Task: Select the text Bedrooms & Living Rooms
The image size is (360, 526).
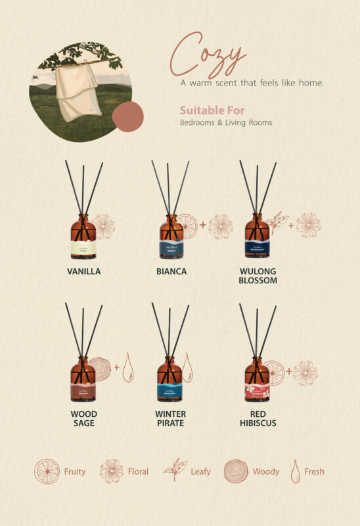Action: [226, 122]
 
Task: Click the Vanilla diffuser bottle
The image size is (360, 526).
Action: [83, 237]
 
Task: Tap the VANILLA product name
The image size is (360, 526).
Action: [83, 271]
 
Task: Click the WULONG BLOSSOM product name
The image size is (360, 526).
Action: [258, 275]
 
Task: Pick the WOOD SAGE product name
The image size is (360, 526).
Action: [83, 418]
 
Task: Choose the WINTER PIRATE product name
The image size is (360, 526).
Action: [170, 418]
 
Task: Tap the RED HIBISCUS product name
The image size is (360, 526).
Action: [258, 418]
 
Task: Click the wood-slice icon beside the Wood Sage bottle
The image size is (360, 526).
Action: [101, 370]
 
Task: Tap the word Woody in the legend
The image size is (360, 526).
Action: [266, 471]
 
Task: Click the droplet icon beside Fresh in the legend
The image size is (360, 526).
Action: [296, 471]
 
